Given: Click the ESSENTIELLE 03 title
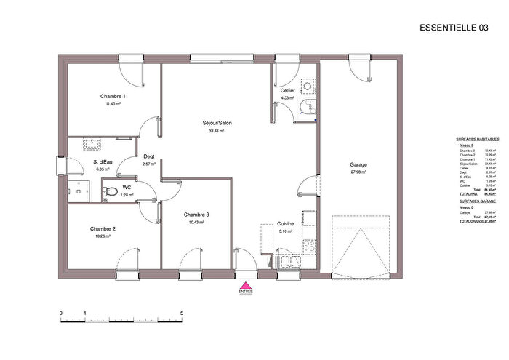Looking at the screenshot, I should (454, 28).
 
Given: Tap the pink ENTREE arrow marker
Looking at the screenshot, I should (246, 287).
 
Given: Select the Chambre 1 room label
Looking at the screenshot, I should (113, 97).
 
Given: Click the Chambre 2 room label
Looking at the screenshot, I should (103, 228).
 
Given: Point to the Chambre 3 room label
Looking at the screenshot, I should (196, 215).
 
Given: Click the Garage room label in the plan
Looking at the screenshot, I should (357, 164).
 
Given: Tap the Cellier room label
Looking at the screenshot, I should (287, 90).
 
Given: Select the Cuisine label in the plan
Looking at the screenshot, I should (285, 225).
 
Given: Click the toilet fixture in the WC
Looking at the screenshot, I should (108, 191).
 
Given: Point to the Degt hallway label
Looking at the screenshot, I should (149, 156).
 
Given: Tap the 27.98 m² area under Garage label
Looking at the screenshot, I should (357, 172).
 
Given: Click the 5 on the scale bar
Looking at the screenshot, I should (181, 313).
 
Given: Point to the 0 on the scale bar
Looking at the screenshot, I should (61, 313).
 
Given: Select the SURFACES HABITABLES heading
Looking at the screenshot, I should (476, 138).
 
